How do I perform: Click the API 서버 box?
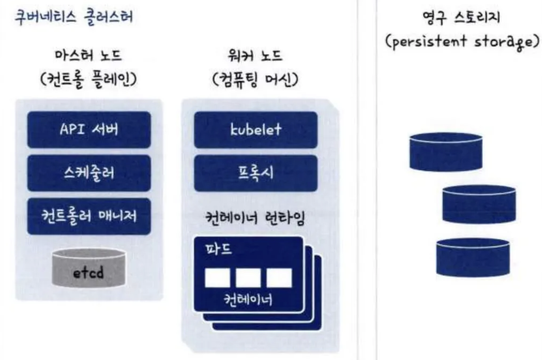(x=89, y=130)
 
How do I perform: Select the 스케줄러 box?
(x=89, y=173)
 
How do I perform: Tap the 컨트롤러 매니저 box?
(x=89, y=216)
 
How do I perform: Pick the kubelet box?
(x=256, y=130)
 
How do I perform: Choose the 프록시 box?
(x=256, y=173)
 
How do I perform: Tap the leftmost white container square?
(x=217, y=278)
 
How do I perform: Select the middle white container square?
(x=248, y=278)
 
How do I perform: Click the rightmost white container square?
(x=279, y=278)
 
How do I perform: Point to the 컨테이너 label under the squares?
(x=248, y=299)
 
